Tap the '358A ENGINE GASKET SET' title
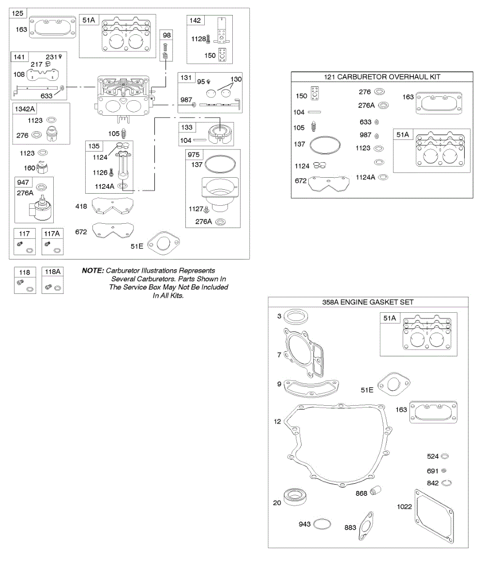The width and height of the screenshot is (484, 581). pos(368,302)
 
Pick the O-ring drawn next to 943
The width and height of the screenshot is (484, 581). pos(323,524)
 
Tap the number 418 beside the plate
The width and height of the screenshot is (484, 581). pos(81,207)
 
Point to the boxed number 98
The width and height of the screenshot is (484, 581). pos(166,35)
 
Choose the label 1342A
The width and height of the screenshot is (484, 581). pos(26,108)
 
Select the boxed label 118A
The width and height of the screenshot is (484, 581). pos(52,273)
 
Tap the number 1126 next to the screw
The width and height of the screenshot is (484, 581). pos(100,171)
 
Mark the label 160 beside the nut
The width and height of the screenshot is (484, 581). pos(29,168)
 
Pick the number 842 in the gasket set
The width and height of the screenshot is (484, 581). pos(433,483)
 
